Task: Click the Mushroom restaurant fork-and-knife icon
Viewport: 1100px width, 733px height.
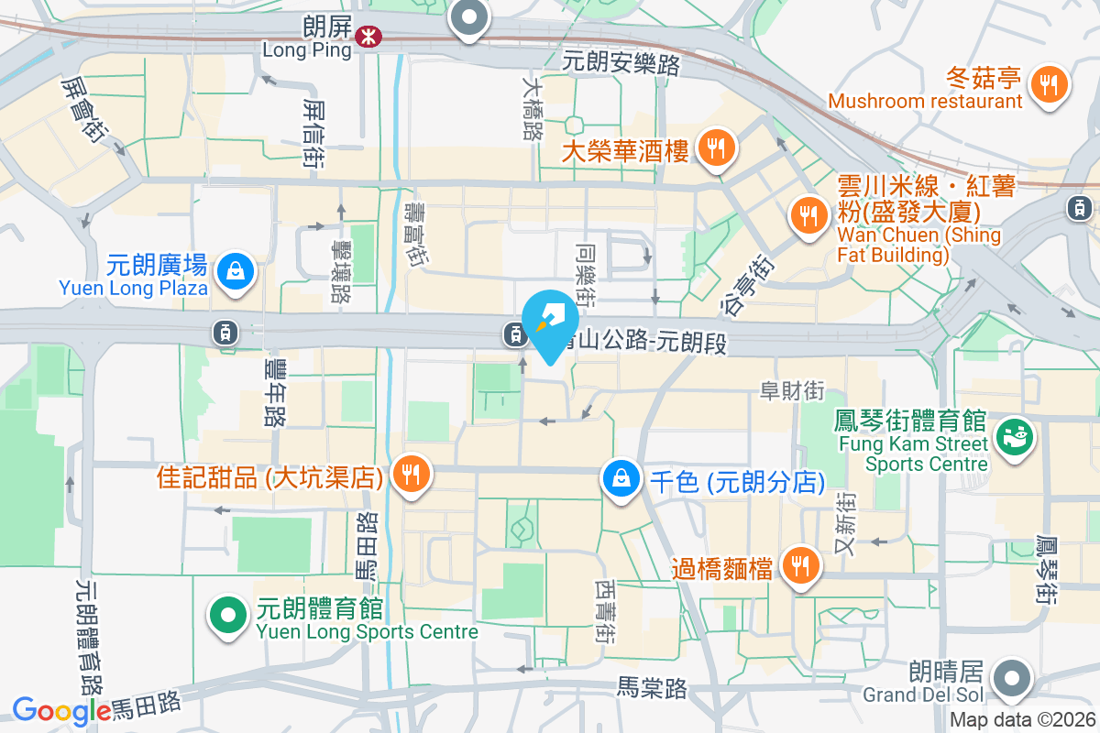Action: click(1049, 85)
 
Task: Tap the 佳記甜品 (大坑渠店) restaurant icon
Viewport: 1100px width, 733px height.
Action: click(411, 474)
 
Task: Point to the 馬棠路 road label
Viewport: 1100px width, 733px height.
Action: click(652, 688)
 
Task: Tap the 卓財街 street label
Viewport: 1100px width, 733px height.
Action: click(792, 391)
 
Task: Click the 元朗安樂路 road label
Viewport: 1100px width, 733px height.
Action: click(621, 63)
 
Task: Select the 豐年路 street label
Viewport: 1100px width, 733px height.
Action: click(274, 391)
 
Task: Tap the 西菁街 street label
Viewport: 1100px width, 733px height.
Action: click(606, 611)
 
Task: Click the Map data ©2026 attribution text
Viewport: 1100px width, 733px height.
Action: click(1023, 720)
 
